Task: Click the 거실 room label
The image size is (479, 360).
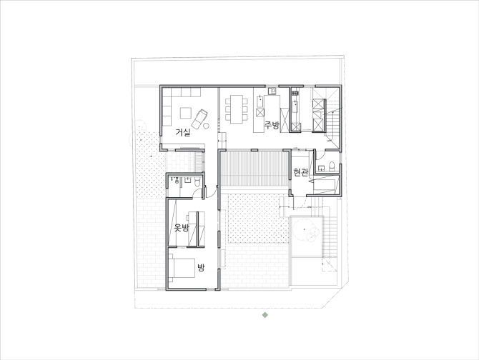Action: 183,132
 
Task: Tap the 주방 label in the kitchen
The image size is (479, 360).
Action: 272,125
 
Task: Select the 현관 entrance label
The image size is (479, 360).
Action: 300,172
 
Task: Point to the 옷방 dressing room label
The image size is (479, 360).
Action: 182,228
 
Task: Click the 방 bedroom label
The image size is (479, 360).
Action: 201,268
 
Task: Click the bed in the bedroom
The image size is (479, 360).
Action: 182,268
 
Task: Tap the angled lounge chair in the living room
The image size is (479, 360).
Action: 199,119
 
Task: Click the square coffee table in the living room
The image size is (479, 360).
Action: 186,113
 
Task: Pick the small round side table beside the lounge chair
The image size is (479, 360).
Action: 206,125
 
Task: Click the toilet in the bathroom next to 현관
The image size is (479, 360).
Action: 332,166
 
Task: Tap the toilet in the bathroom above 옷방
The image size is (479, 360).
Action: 197,182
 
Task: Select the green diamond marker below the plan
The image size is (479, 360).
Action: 265,315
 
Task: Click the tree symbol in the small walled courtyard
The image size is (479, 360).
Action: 305,229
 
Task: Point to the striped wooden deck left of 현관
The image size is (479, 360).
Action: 255,168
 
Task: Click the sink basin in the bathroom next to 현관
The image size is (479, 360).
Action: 321,168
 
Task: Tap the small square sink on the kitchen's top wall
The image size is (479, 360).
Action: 272,91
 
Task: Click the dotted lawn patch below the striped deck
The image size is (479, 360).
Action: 258,219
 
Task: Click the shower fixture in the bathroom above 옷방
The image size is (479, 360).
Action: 177,180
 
